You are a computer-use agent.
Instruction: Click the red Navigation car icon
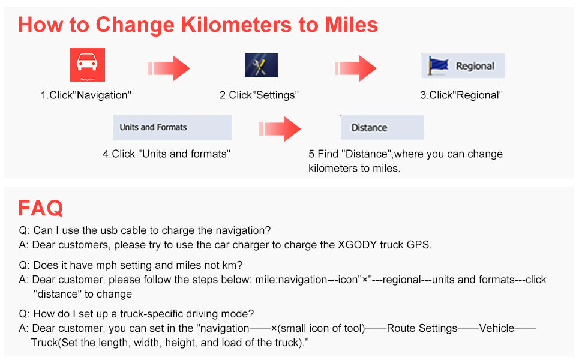tap(88, 65)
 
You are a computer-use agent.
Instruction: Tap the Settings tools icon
tap(262, 65)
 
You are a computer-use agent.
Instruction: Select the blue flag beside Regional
tap(438, 65)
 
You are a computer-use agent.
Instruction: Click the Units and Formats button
tap(172, 128)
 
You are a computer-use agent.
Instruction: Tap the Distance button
tap(382, 127)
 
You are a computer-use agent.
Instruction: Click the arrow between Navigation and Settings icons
tap(169, 68)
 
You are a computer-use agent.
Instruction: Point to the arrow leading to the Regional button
tap(356, 68)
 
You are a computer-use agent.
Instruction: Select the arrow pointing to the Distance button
tap(280, 129)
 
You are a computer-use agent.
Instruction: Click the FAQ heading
tap(40, 208)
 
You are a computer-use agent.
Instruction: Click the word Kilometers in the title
tap(236, 25)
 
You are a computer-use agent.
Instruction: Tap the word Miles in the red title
tap(351, 25)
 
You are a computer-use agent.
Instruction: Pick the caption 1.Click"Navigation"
tap(86, 95)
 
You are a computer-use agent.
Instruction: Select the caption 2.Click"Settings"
tap(259, 95)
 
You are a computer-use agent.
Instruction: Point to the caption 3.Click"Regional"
tap(461, 95)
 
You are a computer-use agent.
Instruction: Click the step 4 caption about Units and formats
tap(167, 154)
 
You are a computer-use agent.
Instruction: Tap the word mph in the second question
tap(106, 266)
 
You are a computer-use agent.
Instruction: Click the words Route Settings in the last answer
tap(422, 328)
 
